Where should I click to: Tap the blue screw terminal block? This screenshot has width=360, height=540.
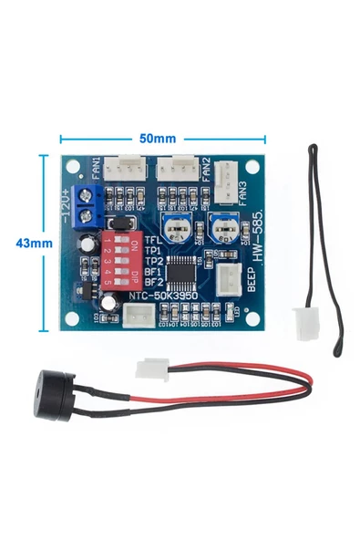pos(89,204)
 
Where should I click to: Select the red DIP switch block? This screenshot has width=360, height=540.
pos(120,261)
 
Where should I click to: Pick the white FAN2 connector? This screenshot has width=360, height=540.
pos(176,168)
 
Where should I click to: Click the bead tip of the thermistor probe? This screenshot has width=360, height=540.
pos(314,147)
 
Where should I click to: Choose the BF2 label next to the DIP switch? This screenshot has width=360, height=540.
pos(154,282)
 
